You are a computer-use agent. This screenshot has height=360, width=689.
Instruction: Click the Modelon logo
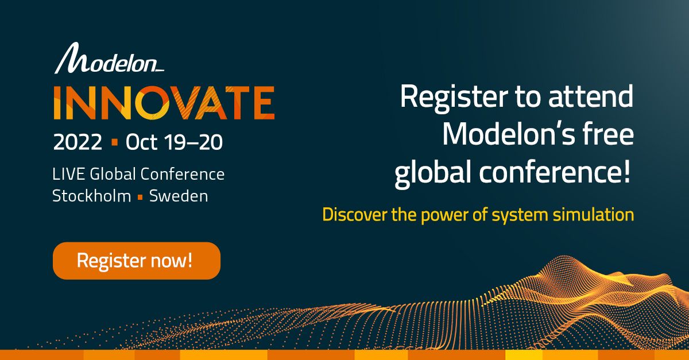point(109,59)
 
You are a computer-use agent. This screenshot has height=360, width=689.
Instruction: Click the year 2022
point(78,142)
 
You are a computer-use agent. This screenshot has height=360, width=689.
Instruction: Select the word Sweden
point(179,196)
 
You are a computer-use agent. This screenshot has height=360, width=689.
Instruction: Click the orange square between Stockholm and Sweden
point(140,197)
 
